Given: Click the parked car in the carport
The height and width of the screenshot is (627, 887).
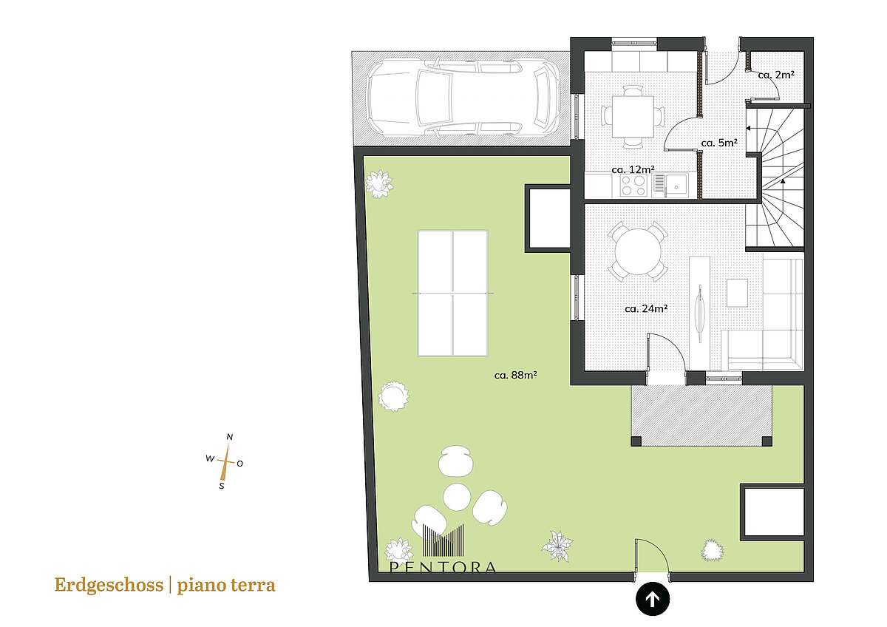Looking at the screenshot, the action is coord(463,98).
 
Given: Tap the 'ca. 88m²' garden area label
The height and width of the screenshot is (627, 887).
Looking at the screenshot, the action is coord(516,375).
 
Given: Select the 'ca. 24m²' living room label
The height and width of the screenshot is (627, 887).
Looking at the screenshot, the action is coord(646,308).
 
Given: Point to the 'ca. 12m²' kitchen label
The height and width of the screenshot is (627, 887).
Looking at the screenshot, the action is coord(633,169).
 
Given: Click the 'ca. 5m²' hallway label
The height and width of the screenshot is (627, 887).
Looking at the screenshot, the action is coord(719,143).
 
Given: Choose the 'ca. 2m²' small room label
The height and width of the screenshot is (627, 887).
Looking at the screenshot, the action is coord(776,75).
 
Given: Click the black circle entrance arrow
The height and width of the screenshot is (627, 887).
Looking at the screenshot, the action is coord(653,599).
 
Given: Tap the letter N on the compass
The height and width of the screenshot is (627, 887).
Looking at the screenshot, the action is coord(230,437).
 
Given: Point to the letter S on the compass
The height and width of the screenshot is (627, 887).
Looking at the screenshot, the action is coord(222,486).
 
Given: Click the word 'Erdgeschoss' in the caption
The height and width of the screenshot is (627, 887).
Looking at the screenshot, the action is coord(109,585).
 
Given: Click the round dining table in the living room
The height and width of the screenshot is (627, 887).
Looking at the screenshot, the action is coord(638,251).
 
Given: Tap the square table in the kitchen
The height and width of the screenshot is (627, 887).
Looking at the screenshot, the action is coord(633,116).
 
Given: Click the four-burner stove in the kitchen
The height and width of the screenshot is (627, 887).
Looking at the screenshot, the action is coord(633,186).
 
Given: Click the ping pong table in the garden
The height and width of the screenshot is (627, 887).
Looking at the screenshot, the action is coord(452,293).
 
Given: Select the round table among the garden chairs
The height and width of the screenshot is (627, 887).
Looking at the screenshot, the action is coord(457,497).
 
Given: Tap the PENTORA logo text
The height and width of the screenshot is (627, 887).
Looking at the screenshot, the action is coord(442,567).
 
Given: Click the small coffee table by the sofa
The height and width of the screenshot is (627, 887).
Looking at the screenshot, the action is coord(738,293).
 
